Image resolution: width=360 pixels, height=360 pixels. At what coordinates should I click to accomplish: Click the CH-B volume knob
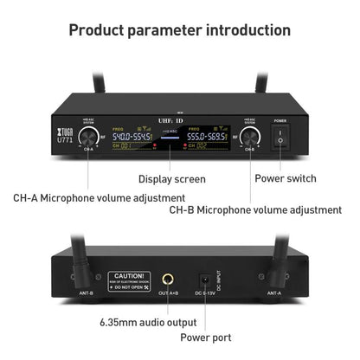coord(250,137)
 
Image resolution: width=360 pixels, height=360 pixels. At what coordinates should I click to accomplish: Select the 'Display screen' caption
coord(172,179)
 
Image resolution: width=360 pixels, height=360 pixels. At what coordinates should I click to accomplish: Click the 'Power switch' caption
coord(285,179)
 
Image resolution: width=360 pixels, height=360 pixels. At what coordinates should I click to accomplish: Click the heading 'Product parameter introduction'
coord(179,30)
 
